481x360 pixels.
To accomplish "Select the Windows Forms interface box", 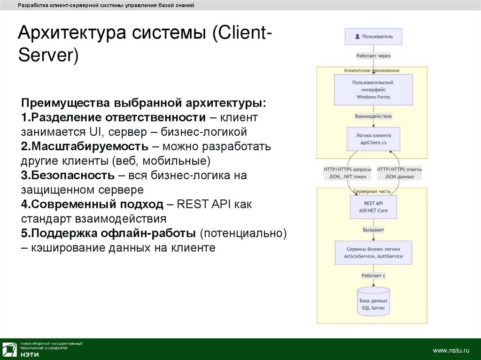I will [373, 90].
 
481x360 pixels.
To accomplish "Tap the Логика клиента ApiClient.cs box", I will [373, 138].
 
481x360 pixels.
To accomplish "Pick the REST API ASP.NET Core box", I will [373, 207].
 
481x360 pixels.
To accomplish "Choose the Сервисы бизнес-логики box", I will [373, 253].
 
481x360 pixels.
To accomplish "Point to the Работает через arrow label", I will [373, 55].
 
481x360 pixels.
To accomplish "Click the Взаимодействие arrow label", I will [373, 116].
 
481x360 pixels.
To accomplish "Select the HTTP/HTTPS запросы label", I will [348, 173].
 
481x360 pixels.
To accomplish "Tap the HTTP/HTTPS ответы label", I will [399, 173].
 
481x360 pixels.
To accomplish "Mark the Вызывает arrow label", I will [373, 230].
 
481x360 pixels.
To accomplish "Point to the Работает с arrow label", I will [373, 276].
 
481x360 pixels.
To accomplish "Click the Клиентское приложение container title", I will [372, 70].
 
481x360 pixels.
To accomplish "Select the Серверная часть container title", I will [372, 192].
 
